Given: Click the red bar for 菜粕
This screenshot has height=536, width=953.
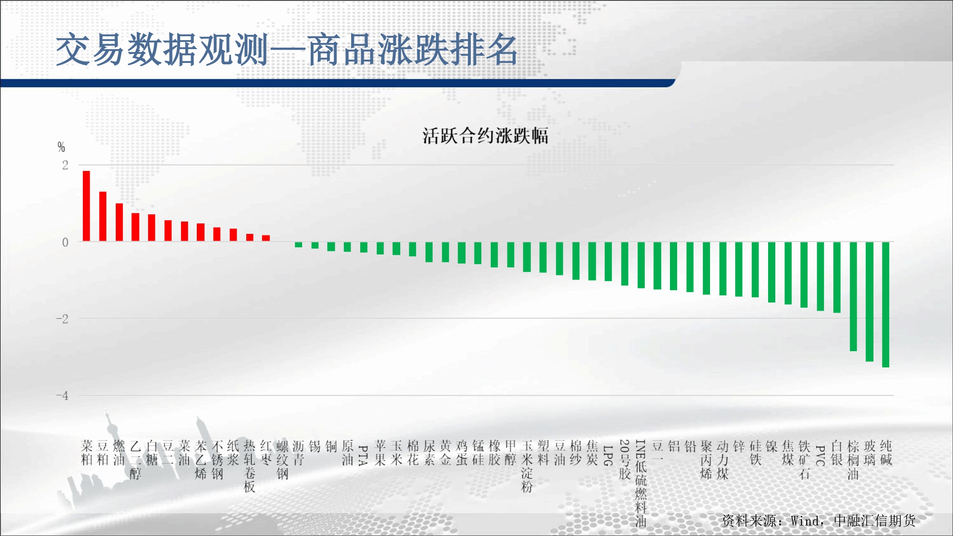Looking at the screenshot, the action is tap(86, 206).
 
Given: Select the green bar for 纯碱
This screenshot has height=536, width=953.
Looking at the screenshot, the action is tap(886, 304).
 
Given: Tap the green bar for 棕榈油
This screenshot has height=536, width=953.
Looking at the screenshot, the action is tap(853, 296).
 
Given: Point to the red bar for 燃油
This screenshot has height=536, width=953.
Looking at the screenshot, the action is tap(119, 222).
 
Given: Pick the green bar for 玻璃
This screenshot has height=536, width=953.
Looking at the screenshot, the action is tap(870, 302).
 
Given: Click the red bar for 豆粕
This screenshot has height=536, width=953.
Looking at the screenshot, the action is tap(103, 216).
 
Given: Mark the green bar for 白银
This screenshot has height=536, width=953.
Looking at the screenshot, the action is tap(837, 277).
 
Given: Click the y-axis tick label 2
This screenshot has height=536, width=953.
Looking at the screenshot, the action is tap(65, 165).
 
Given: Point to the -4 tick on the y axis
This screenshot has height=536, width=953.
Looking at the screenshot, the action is tap(62, 395).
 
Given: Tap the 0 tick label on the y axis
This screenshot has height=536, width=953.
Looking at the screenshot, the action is tap(65, 242).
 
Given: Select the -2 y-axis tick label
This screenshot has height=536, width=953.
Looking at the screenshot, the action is tap(62, 319).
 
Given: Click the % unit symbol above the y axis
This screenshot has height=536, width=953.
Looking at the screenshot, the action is tap(61, 147).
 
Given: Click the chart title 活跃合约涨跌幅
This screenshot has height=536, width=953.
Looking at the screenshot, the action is tap(485, 136).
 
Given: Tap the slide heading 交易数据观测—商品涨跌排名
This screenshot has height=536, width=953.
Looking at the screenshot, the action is tap(287, 50).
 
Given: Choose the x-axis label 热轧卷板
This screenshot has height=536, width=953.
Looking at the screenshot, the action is tap(250, 466).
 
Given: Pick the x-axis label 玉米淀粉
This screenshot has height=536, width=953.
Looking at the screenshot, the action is tap(527, 466).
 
